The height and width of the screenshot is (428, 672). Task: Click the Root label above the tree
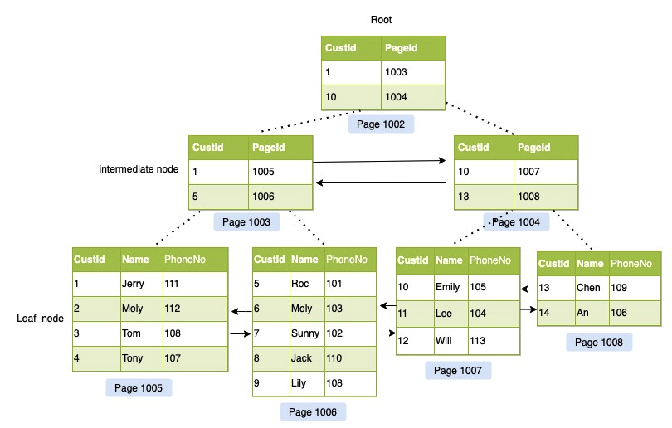tap(381, 19)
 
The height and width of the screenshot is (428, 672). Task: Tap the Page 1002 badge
tap(380, 124)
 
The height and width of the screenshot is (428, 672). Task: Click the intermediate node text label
tap(139, 169)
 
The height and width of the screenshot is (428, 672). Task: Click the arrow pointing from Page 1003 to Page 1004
tap(378, 161)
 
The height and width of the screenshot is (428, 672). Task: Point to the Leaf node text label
tap(40, 319)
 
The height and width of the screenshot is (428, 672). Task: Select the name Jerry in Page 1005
tap(133, 284)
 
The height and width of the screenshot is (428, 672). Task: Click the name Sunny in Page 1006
tap(305, 333)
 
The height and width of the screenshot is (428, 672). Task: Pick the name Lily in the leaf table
tap(298, 383)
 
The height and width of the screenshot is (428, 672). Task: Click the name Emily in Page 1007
tap(447, 287)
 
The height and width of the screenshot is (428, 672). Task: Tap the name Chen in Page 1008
tap(588, 288)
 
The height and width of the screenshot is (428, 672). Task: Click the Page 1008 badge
tap(599, 342)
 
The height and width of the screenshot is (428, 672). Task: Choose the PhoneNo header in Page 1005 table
tap(185, 260)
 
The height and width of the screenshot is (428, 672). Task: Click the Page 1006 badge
tap(312, 412)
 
